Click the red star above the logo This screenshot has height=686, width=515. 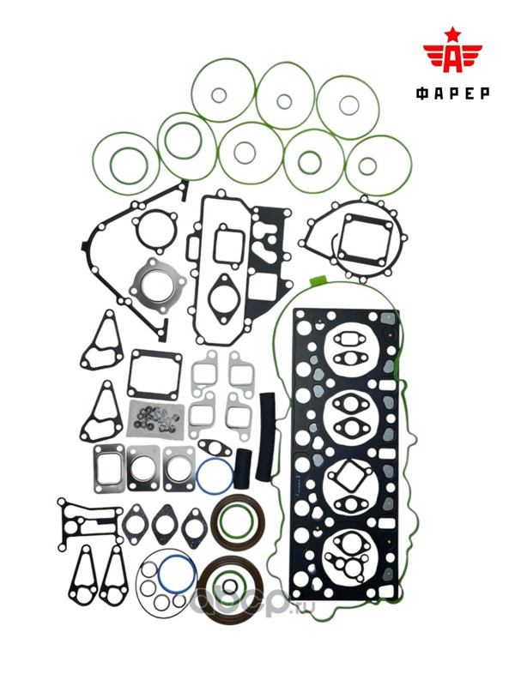(x=453, y=33)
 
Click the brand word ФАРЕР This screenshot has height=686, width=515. (x=453, y=93)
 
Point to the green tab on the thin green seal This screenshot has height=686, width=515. (x=318, y=280)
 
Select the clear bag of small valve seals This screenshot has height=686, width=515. (x=154, y=419)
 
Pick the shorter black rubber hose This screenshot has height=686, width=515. (x=243, y=468)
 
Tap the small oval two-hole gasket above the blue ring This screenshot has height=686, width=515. (x=215, y=448)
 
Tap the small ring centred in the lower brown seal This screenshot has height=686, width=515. (x=229, y=586)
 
